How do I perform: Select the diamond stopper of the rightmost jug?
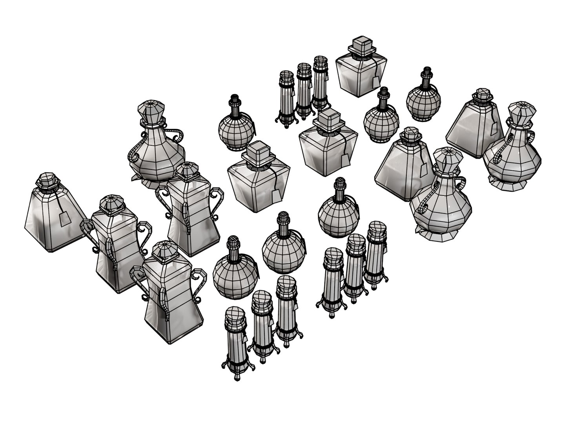[522, 112]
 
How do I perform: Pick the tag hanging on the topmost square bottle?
[375, 81]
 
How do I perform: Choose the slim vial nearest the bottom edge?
[236, 342]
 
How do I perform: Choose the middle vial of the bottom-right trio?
[355, 267]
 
